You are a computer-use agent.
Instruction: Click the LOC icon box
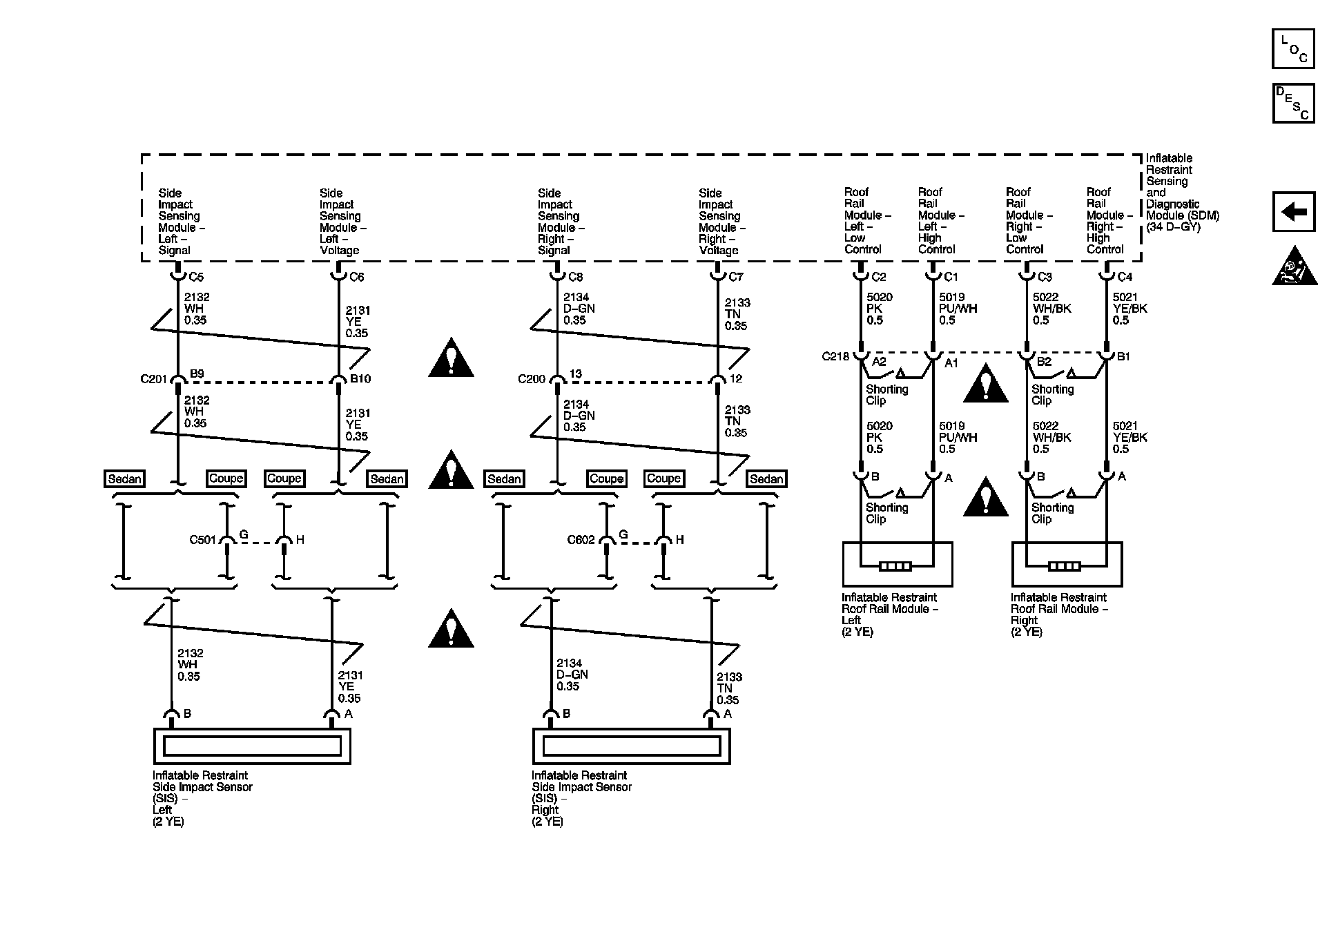1292,49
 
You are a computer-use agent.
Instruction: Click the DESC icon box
1292,104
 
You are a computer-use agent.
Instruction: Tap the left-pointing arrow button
1293,211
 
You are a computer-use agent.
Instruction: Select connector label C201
154,379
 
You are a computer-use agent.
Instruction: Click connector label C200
532,379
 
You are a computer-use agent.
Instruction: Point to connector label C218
835,357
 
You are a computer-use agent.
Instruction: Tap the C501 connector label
203,540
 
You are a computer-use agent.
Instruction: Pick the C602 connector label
581,540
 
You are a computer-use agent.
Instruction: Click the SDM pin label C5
196,277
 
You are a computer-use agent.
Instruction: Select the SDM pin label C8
575,277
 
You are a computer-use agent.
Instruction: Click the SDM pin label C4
1125,277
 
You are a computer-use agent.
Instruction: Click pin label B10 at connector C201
360,378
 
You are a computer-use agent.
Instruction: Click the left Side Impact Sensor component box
251,746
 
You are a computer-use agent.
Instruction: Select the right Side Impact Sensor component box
630,746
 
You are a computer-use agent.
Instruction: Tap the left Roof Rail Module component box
897,564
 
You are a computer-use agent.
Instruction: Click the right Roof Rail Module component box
1066,564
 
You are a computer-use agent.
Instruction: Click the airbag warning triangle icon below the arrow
1295,267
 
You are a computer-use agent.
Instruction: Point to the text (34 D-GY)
1173,226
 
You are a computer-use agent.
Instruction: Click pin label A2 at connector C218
879,362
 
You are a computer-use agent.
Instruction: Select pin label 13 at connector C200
575,374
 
